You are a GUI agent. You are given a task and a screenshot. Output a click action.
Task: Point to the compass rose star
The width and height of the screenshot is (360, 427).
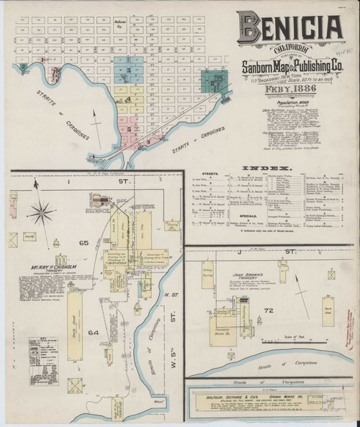43,212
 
